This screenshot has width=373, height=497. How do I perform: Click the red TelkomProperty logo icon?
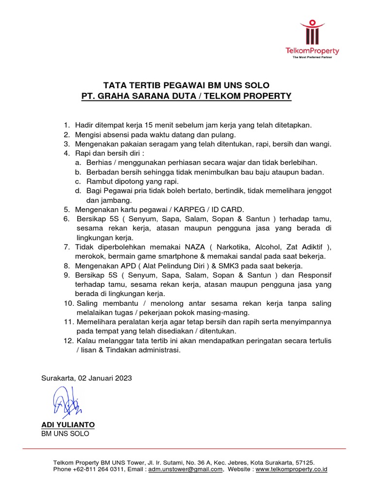312,33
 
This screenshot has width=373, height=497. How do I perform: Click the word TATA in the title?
117,85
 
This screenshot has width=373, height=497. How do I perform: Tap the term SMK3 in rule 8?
233,266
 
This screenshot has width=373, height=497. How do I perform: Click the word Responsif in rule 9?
315,275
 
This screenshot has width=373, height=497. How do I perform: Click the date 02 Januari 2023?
106,378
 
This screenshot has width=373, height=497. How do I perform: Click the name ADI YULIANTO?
68,425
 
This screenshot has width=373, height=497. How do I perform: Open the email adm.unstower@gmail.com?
186,470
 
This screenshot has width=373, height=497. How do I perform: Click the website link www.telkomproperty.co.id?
291,470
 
